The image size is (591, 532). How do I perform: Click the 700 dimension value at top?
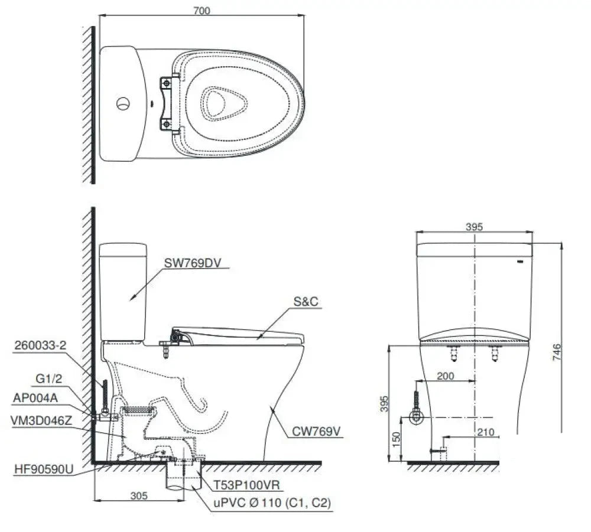202,11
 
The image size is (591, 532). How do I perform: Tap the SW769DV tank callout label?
192,262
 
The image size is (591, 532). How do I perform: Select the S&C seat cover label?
306,301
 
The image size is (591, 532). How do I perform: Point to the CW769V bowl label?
316,431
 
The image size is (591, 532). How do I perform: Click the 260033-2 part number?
40,345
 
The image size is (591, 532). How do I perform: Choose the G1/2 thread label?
48,378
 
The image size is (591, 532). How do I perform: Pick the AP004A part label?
35,398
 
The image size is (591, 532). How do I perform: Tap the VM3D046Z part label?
41,420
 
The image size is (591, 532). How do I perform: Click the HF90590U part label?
44,469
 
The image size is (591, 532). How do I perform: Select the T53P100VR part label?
247,485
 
